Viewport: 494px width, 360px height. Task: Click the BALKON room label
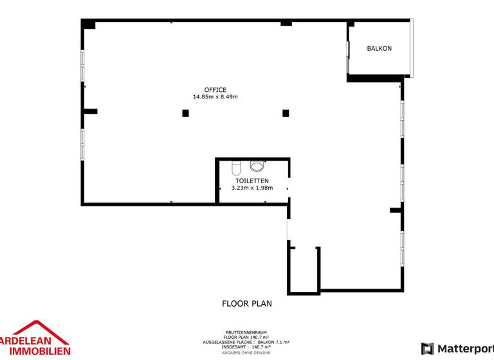pyautogui.click(x=380, y=48)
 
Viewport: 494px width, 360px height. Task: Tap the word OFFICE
pyautogui.click(x=215, y=90)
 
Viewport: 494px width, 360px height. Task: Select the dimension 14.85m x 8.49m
pyautogui.click(x=215, y=96)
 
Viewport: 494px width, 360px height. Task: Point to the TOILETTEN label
pyautogui.click(x=252, y=181)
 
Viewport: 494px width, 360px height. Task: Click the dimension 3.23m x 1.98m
pyautogui.click(x=252, y=188)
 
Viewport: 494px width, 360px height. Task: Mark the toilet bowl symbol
pyautogui.click(x=236, y=168)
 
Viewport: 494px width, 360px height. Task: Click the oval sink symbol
pyautogui.click(x=257, y=166)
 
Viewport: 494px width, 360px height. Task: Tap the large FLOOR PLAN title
pyautogui.click(x=247, y=303)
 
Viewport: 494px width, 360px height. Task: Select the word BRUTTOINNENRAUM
pyautogui.click(x=246, y=332)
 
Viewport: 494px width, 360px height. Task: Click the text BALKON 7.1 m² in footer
pyautogui.click(x=273, y=342)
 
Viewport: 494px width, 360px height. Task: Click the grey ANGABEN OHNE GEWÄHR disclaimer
pyautogui.click(x=246, y=353)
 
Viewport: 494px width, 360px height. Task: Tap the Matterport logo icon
pyautogui.click(x=428, y=348)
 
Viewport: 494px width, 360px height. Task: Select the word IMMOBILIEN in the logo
pyautogui.click(x=40, y=351)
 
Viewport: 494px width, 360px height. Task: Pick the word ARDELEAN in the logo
pyautogui.click(x=25, y=341)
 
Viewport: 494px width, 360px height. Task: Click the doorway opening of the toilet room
pyautogui.click(x=289, y=188)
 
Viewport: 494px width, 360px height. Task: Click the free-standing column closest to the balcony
pyautogui.click(x=286, y=113)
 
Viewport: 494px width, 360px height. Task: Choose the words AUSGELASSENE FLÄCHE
pyautogui.click(x=229, y=342)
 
